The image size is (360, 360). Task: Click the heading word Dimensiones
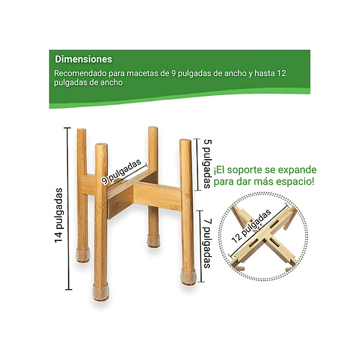[x=84, y=59]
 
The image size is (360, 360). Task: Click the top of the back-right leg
[x=153, y=130]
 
